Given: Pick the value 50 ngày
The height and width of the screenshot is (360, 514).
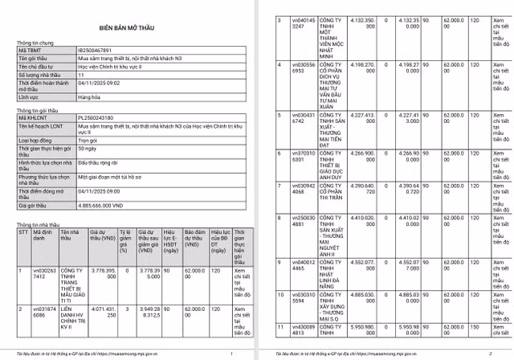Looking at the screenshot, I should coord(89,149).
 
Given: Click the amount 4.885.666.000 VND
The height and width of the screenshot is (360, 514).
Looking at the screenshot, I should coord(107,207).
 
